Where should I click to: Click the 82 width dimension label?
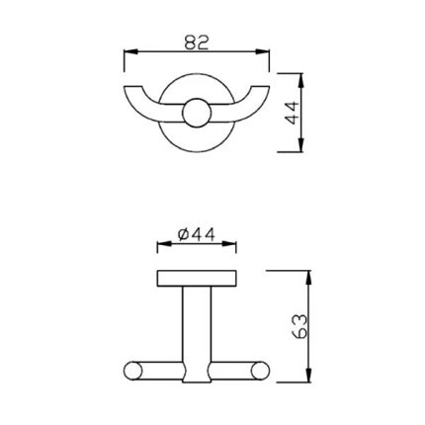tap(197, 42)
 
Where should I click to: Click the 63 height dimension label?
tap(299, 326)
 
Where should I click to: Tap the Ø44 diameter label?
tap(197, 234)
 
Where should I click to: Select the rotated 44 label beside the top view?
tap(292, 113)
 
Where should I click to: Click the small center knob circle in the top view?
tap(197, 113)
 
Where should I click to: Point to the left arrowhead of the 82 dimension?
tap(130, 51)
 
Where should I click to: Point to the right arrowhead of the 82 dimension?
tap(263, 51)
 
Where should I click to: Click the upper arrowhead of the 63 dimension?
tap(308, 277)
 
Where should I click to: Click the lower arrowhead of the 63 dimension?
tap(308, 376)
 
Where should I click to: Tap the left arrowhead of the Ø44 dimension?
tap(164, 244)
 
